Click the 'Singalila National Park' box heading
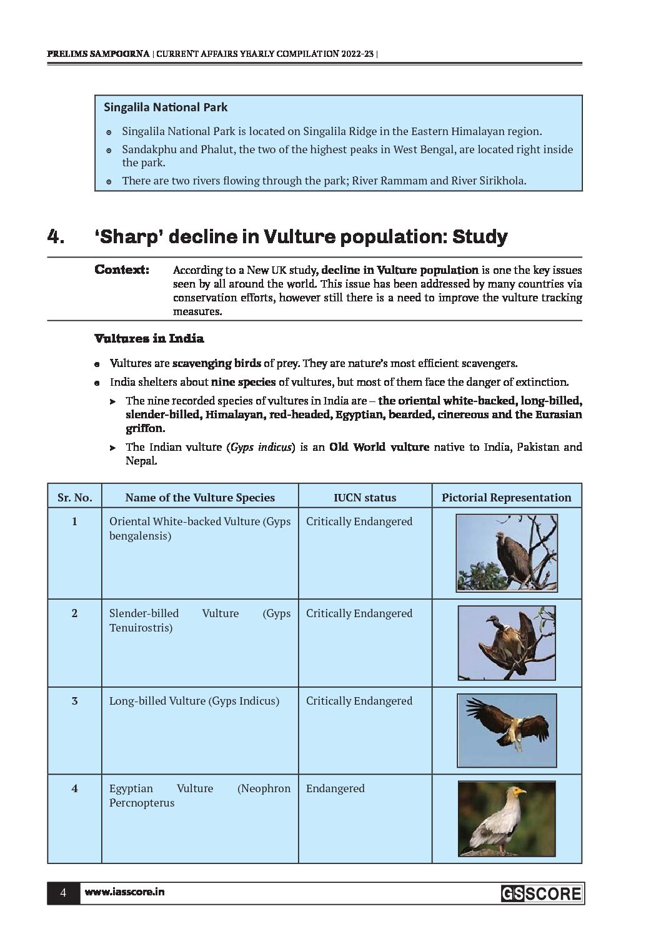tap(166, 108)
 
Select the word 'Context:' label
tap(122, 270)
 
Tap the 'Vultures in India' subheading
tap(149, 339)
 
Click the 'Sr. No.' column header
tap(74, 498)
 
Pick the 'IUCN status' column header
tap(365, 498)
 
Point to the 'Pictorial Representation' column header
tap(506, 498)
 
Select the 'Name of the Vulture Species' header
tap(200, 498)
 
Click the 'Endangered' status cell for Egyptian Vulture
tap(335, 788)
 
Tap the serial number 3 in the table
tap(74, 701)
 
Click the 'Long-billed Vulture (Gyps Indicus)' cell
tap(194, 701)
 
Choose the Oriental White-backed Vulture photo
tap(506, 553)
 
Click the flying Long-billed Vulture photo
tap(506, 730)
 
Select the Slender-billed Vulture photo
tap(506, 643)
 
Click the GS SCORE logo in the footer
tap(541, 894)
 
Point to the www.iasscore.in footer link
tap(124, 893)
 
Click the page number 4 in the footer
tap(63, 893)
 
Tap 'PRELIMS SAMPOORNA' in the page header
tap(98, 54)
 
